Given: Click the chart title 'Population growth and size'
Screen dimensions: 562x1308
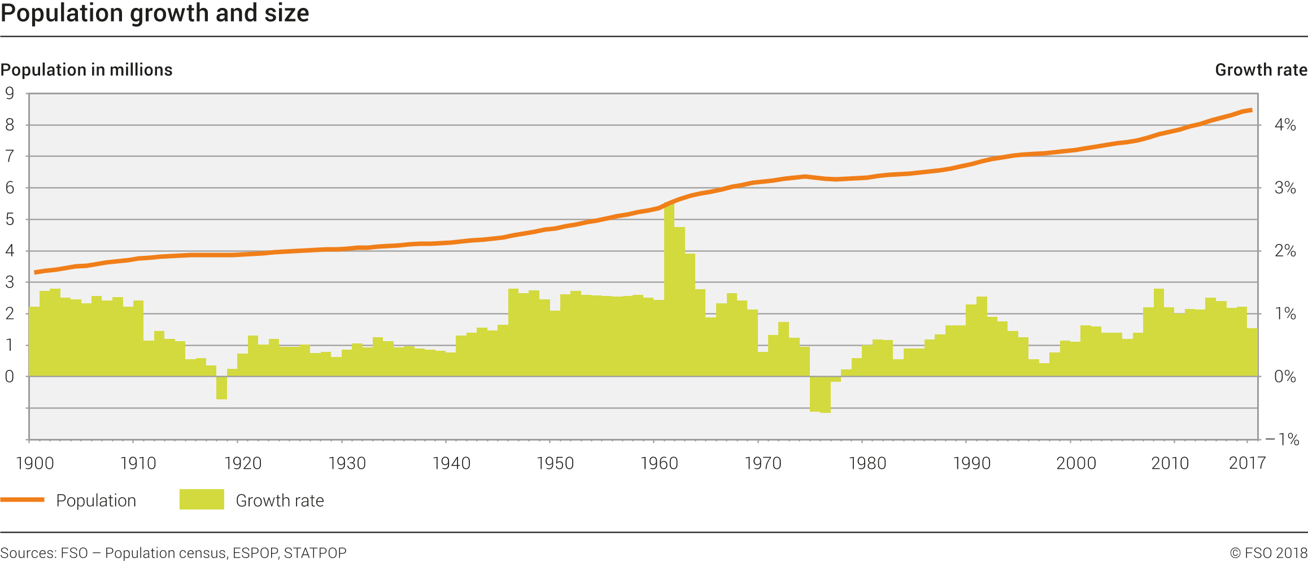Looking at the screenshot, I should point(155,14).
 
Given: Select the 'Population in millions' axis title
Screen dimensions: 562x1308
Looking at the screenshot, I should point(86,69).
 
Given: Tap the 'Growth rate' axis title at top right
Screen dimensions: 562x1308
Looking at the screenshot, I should point(1261,69).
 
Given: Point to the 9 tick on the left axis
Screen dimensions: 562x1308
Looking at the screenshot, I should point(10,93).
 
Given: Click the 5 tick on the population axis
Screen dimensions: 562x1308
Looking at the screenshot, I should point(10,219).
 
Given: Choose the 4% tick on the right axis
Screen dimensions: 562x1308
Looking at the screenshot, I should point(1285,125).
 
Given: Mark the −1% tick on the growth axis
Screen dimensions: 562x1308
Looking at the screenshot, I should point(1282,439).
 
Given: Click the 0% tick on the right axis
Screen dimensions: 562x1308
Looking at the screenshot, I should point(1285,377).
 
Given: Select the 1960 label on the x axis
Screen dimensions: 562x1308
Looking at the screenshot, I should point(659,464).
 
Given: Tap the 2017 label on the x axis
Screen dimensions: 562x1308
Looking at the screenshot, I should point(1247,464).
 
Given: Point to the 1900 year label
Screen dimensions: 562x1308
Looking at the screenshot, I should point(35,464).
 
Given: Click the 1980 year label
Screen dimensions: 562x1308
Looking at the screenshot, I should point(867,464).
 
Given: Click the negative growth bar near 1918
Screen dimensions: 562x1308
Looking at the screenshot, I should point(221,388).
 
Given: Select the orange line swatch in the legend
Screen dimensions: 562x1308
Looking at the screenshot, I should point(23,500).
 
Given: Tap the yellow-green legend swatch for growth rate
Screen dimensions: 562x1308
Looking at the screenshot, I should point(202,500).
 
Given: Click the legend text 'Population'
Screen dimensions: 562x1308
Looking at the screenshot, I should point(96,500).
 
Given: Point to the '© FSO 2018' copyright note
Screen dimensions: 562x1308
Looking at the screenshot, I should point(1268,553).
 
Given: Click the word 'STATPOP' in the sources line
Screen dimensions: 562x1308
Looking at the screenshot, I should point(315,553).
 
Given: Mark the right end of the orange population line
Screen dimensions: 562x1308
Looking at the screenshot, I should point(1252,110).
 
